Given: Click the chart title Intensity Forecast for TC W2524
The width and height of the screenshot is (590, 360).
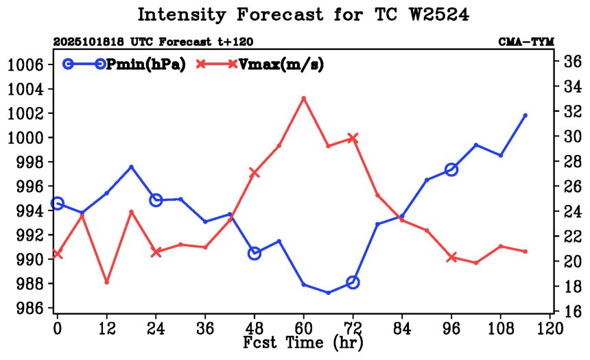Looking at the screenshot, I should [303, 14].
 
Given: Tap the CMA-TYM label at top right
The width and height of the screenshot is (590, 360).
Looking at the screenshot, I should [526, 42].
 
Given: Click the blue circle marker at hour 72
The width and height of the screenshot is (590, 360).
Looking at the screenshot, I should [353, 282].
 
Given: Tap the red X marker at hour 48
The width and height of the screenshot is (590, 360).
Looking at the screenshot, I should [255, 173].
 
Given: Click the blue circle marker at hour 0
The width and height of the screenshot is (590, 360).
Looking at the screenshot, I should [58, 203].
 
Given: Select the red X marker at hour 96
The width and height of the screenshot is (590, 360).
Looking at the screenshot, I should [451, 257].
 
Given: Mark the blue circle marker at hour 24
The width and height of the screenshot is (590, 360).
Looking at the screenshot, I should [156, 200].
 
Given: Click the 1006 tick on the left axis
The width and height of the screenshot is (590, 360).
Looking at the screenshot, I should [25, 65].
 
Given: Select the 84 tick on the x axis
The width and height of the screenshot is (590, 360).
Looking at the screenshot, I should [402, 328].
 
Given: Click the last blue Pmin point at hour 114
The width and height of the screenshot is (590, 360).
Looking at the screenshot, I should [526, 115].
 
